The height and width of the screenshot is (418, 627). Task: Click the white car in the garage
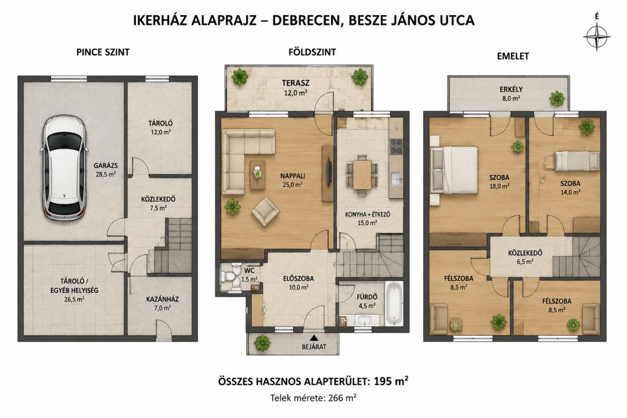(64, 168)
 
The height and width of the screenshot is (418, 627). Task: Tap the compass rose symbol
(597, 36)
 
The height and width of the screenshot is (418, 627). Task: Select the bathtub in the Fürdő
(394, 303)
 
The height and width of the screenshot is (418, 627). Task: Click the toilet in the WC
(230, 276)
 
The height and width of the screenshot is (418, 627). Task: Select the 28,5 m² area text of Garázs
(105, 174)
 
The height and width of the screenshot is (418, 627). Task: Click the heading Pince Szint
(103, 52)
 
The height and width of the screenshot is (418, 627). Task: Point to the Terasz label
(296, 83)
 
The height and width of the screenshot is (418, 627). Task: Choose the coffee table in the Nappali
(258, 174)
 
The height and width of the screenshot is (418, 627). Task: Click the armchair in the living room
(265, 212)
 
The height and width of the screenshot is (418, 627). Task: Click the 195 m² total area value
(391, 380)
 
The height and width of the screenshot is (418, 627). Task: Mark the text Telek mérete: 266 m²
(313, 398)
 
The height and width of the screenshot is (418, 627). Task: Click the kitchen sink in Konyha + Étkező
(396, 178)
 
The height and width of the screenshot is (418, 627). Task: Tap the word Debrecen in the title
(306, 20)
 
